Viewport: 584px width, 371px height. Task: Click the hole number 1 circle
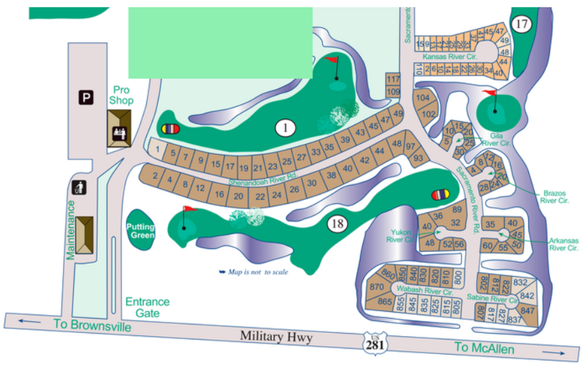point(286,128)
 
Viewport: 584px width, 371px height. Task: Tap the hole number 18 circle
point(337,224)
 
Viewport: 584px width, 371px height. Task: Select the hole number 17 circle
point(521,24)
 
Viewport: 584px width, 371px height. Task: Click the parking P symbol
point(86,97)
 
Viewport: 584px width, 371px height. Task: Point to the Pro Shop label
point(122,95)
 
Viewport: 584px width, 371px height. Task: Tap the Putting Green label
point(142,230)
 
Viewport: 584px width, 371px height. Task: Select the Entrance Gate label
point(148,307)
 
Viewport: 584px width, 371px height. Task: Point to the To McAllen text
point(484,349)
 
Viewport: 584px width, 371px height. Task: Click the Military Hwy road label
point(279,336)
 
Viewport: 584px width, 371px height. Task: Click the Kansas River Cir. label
point(449,57)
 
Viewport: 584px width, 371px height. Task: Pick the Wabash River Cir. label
point(424,291)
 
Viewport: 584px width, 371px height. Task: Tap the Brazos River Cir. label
point(554,195)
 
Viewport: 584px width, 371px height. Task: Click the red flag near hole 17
point(489,94)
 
